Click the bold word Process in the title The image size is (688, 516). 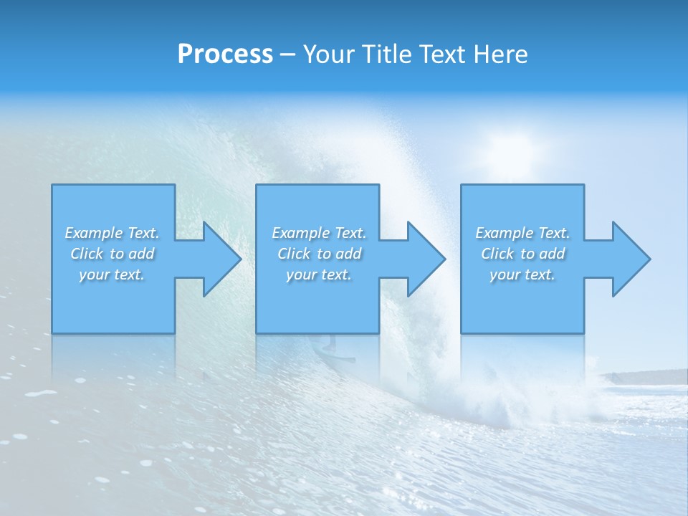(x=225, y=54)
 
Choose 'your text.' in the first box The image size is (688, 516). (x=112, y=274)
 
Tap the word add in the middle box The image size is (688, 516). (x=348, y=254)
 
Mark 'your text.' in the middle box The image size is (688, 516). (x=318, y=274)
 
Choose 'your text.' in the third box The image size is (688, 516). (x=522, y=274)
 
